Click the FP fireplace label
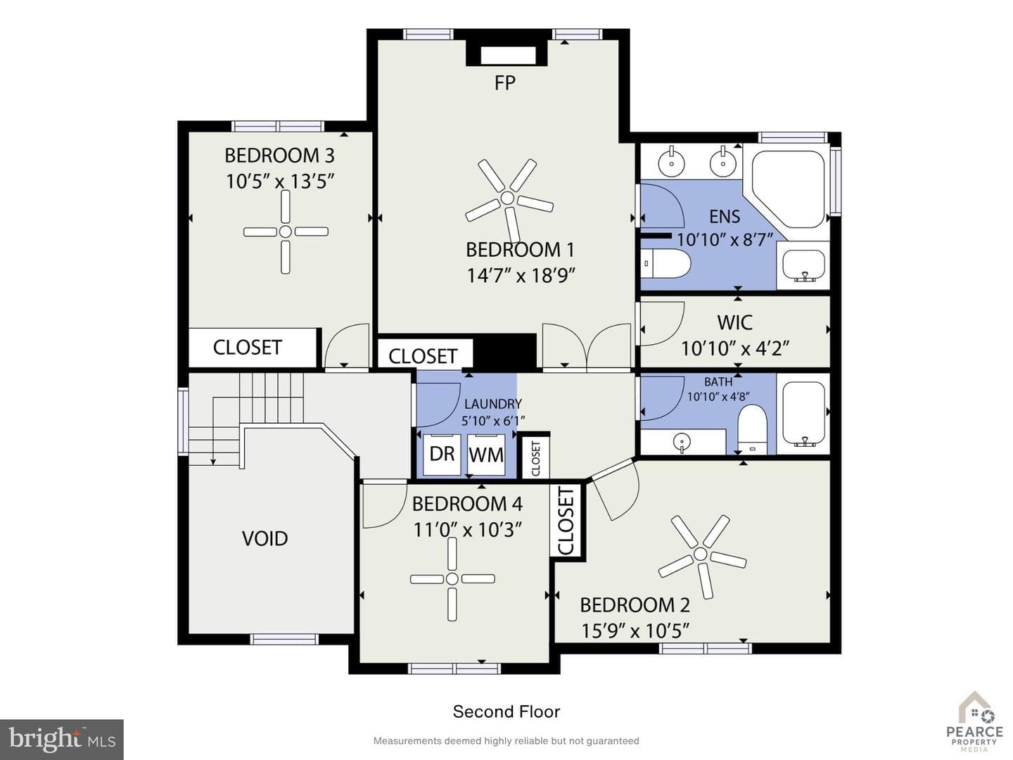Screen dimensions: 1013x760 click(x=505, y=83)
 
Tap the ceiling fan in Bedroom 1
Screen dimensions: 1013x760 click(x=508, y=198)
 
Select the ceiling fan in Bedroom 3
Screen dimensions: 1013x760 click(x=286, y=232)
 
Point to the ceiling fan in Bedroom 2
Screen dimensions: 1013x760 click(x=701, y=554)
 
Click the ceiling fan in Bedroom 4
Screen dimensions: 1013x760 click(x=452, y=578)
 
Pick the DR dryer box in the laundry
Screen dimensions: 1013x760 click(x=442, y=455)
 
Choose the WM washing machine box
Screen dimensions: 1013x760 click(x=486, y=455)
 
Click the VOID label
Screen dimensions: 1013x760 click(x=265, y=538)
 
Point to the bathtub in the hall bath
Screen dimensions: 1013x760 click(x=803, y=414)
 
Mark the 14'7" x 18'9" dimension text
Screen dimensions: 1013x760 click(x=521, y=276)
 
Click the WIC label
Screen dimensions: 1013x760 click(x=734, y=323)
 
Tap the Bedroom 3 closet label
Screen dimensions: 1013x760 click(x=248, y=348)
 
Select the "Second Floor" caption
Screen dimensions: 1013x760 click(x=507, y=712)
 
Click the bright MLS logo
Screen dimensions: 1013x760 click(x=62, y=740)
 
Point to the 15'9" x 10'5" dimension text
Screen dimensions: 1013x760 click(x=635, y=631)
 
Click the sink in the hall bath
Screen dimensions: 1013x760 click(x=681, y=442)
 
